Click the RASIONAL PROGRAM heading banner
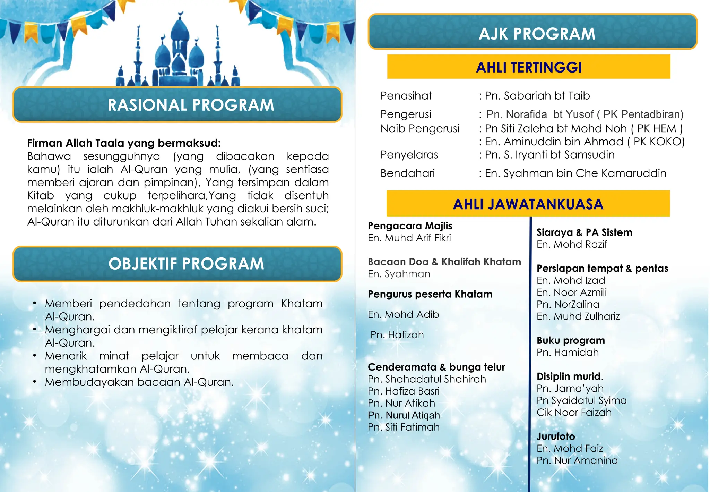177,105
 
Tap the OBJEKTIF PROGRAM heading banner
177,264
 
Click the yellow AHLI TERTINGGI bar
529,67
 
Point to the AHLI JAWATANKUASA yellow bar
528,204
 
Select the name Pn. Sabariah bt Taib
537,96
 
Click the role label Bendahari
407,173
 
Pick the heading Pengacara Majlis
410,226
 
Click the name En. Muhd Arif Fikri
409,238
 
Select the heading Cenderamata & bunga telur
436,367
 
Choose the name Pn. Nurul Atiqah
404,415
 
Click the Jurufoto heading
556,436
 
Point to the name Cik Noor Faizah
574,413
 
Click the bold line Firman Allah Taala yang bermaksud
124,143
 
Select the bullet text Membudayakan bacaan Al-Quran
139,382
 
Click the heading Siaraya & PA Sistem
584,232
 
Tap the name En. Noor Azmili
571,292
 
